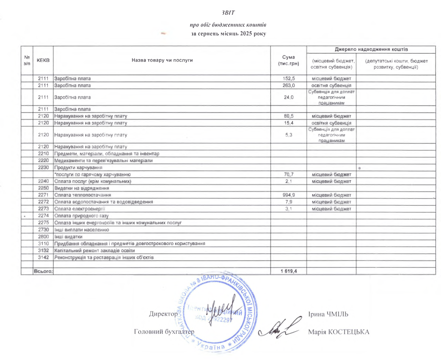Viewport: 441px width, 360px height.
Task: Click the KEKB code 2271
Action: (x=44, y=195)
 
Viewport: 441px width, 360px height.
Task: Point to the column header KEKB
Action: (x=44, y=60)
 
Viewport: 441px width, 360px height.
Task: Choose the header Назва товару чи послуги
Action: (x=162, y=60)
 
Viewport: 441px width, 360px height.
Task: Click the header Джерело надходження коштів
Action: (x=371, y=49)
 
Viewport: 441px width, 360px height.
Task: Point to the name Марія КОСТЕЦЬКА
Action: (x=339, y=332)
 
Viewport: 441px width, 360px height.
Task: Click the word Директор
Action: (x=163, y=314)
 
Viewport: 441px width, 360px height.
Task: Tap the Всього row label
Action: (x=43, y=271)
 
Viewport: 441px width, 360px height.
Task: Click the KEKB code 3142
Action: (x=44, y=257)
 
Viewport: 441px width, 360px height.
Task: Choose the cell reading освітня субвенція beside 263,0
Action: (x=331, y=85)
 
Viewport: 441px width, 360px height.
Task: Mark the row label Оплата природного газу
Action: (x=79, y=215)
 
